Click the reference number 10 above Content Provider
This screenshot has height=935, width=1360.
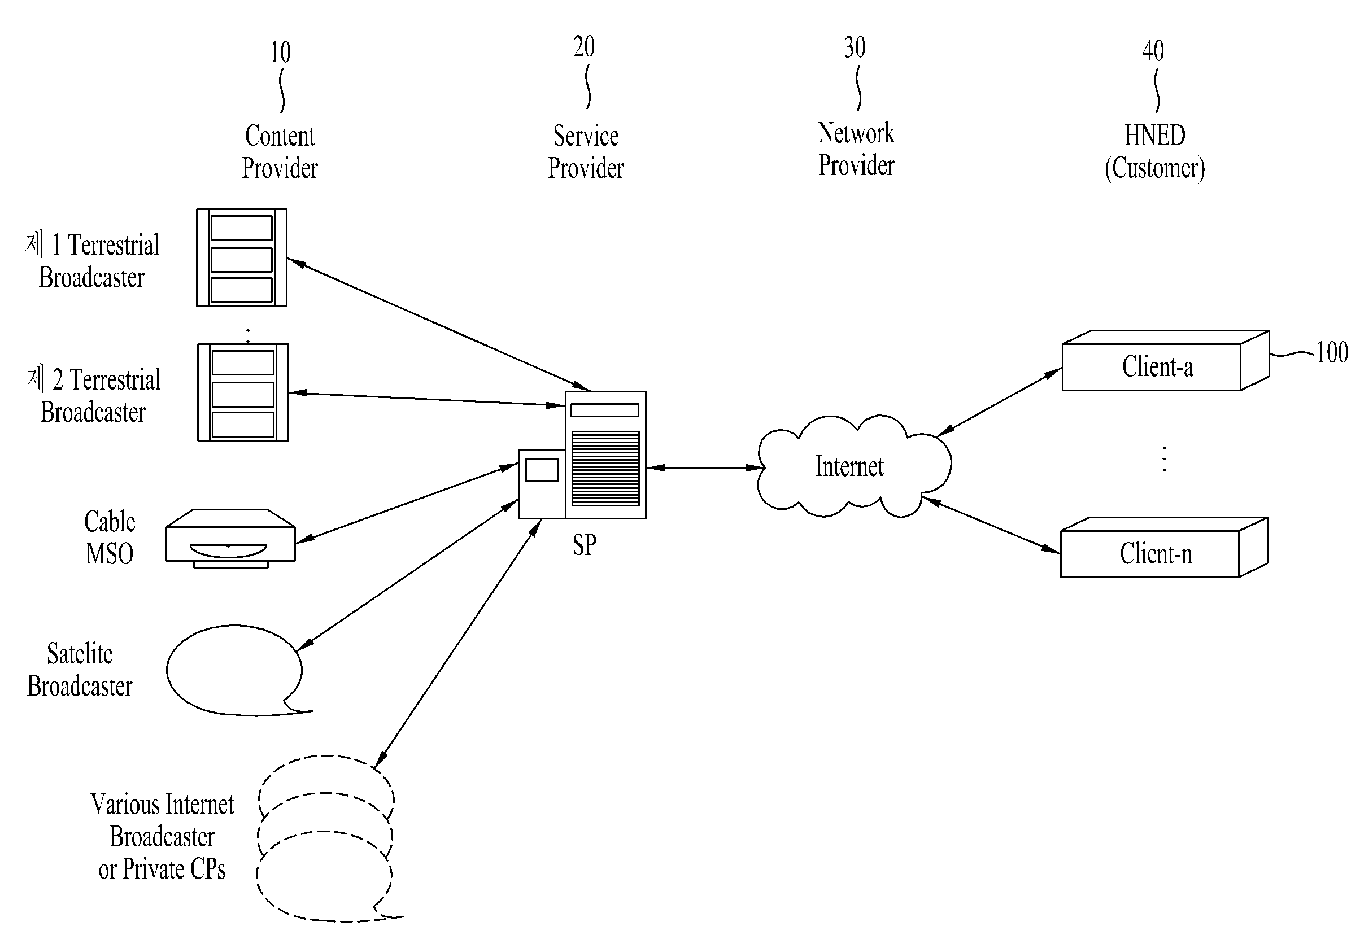point(280,53)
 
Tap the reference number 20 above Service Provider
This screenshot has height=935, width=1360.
point(583,47)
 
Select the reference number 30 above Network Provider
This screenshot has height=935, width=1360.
point(855,47)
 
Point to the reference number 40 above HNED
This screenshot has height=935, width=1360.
point(1153,51)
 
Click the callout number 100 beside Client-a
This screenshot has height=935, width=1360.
point(1332,353)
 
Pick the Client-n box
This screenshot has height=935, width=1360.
point(1163,548)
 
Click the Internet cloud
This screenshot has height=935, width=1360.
point(854,466)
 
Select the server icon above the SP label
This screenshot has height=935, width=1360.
point(582,455)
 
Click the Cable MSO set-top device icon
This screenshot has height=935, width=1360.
point(230,539)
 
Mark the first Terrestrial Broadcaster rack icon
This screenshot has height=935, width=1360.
point(241,258)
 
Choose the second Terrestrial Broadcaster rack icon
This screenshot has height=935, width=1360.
point(243,392)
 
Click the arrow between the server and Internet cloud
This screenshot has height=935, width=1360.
point(705,467)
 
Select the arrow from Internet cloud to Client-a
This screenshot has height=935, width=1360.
point(999,403)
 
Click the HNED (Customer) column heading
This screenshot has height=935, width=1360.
point(1154,152)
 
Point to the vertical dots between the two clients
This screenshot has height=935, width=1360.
point(1163,459)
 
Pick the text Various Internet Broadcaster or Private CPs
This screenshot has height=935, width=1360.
point(162,837)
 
